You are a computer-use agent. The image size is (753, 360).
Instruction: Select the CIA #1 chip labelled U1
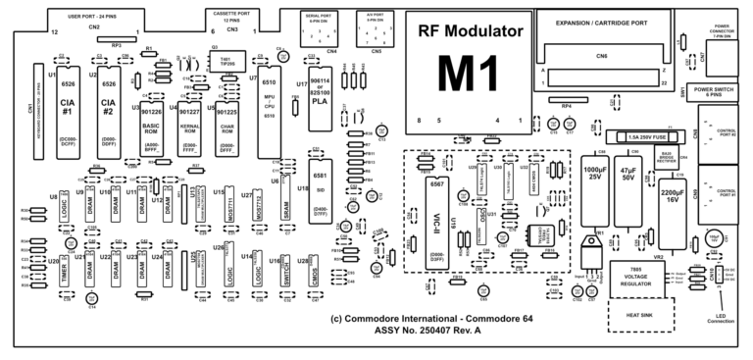67,108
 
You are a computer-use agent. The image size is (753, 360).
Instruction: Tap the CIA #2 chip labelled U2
110,108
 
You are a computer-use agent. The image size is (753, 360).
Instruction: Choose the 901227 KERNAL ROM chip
191,123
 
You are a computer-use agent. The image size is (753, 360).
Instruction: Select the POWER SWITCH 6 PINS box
720,90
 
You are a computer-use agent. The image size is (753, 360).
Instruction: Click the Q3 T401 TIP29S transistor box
226,61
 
